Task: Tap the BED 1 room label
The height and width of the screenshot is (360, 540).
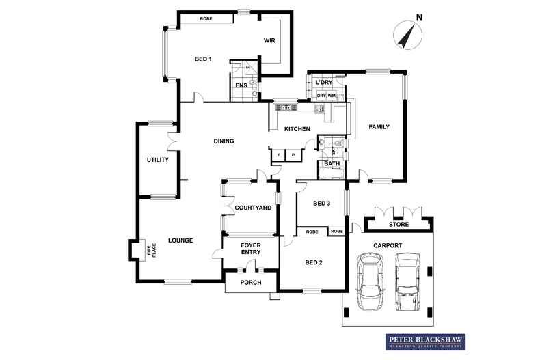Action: click(203, 59)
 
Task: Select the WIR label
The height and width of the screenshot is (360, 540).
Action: click(269, 41)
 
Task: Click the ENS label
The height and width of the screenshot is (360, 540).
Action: click(241, 86)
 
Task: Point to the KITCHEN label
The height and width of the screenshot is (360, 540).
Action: click(297, 129)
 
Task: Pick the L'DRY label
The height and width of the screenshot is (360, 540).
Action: click(323, 83)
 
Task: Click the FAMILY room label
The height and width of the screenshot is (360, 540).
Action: click(379, 127)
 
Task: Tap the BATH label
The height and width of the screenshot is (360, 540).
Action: click(332, 164)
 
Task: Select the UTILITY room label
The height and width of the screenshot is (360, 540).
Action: click(157, 160)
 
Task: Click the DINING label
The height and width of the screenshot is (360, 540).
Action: click(224, 141)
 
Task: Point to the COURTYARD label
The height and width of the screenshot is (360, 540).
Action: click(253, 208)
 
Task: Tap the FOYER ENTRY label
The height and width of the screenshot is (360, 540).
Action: click(251, 248)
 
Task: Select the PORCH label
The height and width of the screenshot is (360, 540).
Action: click(250, 282)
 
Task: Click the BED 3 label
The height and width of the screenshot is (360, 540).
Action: click(321, 204)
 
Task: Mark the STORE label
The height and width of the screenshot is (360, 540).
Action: click(399, 224)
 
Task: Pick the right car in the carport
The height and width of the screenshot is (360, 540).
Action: click(408, 280)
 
